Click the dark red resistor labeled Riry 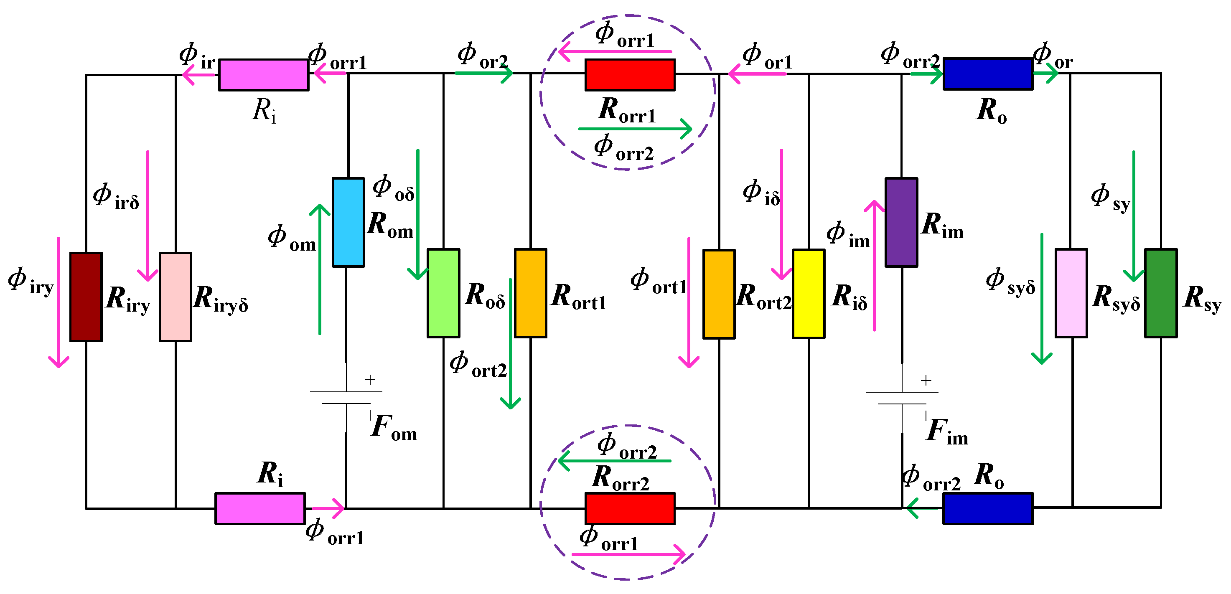(86, 297)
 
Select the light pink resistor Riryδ (175, 297)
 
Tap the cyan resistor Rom (348, 222)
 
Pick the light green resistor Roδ (443, 293)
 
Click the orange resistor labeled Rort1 (530, 293)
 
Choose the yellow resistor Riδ (809, 293)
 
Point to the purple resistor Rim (901, 222)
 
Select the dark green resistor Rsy (1160, 293)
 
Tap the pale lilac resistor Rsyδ (1071, 293)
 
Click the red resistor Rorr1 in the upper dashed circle (630, 74)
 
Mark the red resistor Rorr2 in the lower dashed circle (630, 508)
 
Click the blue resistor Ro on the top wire (988, 74)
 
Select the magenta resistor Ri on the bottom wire (260, 508)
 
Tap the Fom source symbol (346, 398)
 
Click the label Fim (946, 431)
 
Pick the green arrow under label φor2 (483, 73)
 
